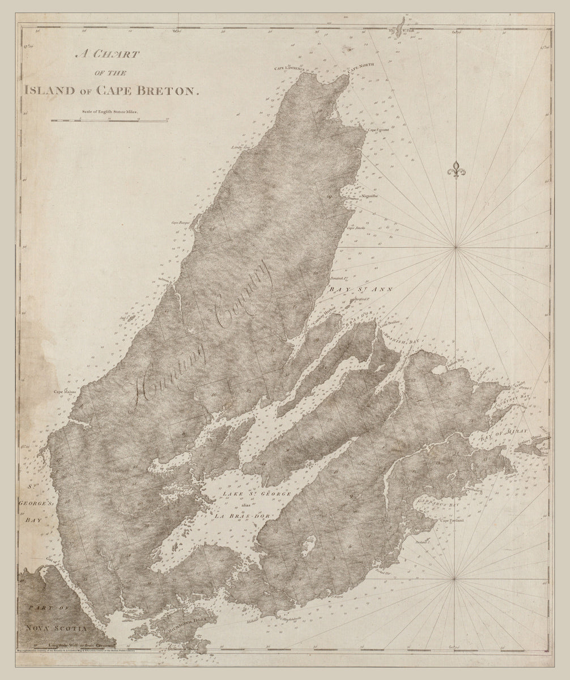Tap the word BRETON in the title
(171, 90)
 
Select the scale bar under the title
(109, 120)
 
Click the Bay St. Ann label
(357, 288)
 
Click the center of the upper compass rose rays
(456, 247)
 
